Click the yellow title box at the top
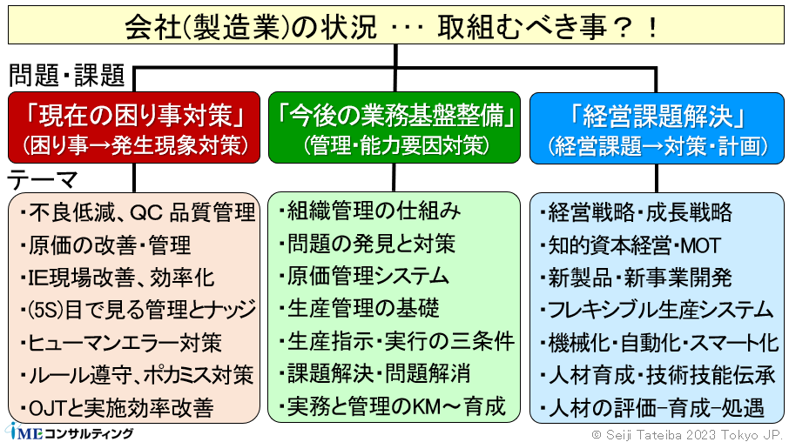[395, 25]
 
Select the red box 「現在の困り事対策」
[134, 127]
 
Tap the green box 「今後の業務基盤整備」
[394, 127]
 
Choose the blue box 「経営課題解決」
[657, 128]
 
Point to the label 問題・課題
[66, 76]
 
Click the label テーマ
[43, 179]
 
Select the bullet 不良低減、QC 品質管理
[138, 212]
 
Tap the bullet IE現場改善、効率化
[118, 278]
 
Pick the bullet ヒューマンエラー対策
[121, 343]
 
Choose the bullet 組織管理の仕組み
[370, 211]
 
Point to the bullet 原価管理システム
[364, 276]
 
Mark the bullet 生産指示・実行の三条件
[396, 341]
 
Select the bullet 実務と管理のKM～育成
[392, 406]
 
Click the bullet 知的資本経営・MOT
[631, 245]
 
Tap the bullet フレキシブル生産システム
[657, 310]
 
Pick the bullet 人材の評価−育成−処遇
[652, 408]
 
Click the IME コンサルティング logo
[70, 432]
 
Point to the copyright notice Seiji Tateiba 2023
[685, 434]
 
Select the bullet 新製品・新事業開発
[636, 278]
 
